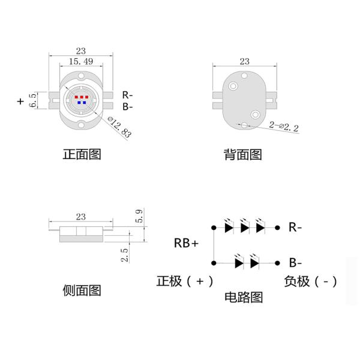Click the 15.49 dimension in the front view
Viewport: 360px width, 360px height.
click(80, 62)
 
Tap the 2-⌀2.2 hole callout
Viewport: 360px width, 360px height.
click(284, 127)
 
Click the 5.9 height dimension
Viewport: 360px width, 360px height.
click(140, 217)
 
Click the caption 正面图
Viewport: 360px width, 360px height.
click(82, 154)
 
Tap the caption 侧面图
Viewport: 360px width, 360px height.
click(82, 290)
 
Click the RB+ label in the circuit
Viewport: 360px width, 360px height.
click(187, 243)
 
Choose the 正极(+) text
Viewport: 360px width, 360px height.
click(184, 281)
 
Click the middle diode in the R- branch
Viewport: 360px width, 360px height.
click(244, 227)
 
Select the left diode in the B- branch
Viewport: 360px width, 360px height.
click(238, 262)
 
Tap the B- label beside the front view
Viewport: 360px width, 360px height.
click(128, 107)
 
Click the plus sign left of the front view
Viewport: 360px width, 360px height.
click(21, 101)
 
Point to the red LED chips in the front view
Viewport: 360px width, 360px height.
click(81, 96)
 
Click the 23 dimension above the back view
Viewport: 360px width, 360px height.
click(244, 61)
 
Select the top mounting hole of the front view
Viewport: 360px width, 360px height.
click(81, 75)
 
